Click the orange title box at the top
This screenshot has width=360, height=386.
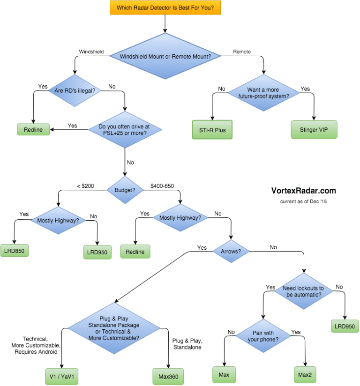[x=165, y=8]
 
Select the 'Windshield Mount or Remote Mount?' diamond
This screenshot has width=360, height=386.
[x=165, y=56]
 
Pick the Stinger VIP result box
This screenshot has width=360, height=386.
[x=314, y=130]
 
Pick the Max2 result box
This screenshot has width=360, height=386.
[x=306, y=374]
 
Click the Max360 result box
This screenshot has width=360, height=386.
[x=167, y=376]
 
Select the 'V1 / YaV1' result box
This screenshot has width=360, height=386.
[x=62, y=376]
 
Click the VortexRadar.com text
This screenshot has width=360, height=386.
[x=303, y=191]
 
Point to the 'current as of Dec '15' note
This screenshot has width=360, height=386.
[x=302, y=202]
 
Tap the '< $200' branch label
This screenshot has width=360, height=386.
[x=85, y=186]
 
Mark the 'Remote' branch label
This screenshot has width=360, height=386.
[x=242, y=52]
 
